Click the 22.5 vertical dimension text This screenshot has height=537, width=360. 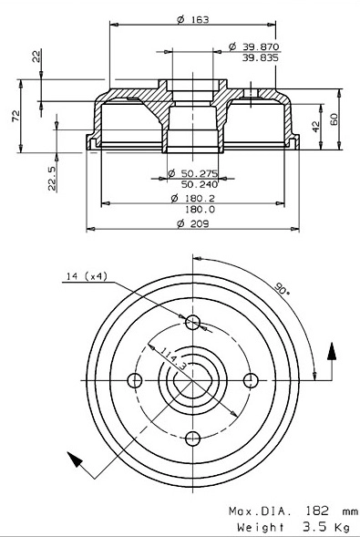point(52,175)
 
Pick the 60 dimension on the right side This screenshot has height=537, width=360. point(334,119)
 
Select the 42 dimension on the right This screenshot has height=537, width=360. point(316,125)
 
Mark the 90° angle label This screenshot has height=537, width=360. point(281,289)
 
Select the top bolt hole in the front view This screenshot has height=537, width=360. point(191,322)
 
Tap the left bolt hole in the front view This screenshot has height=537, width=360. point(135,380)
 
